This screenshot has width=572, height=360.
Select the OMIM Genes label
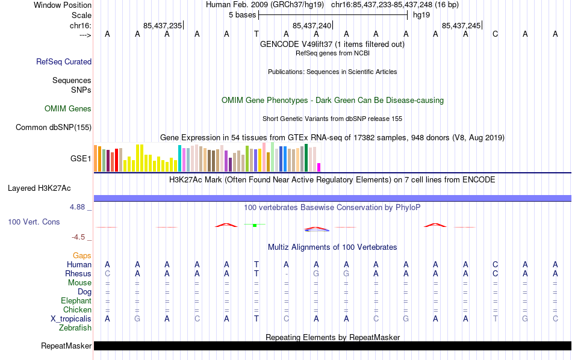pos(68,109)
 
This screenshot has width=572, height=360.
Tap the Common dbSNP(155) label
pos(54,127)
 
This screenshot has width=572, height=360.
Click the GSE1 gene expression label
pos(81,159)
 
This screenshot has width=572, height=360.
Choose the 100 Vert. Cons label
pos(34,222)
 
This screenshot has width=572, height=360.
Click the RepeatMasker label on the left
pos(66,346)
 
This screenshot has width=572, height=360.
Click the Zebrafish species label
pos(75,328)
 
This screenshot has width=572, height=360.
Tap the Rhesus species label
pos(78,273)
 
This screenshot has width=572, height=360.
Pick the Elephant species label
pos(76,300)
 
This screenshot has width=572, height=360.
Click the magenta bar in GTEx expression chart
pos(319,167)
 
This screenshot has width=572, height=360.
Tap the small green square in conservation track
pos(255,225)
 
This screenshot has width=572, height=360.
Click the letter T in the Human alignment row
pos(256,264)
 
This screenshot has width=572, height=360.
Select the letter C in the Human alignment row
pos(495,264)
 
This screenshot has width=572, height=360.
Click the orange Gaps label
pos(82,255)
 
